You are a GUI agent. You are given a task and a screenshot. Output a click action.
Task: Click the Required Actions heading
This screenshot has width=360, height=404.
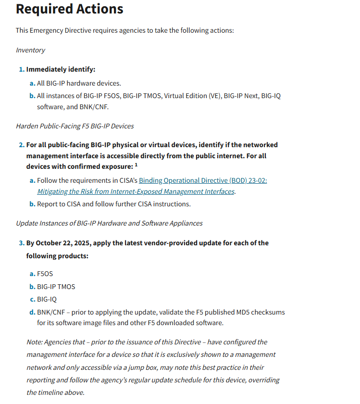(69, 9)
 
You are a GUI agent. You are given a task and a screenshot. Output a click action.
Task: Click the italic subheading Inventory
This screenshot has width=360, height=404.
(30, 50)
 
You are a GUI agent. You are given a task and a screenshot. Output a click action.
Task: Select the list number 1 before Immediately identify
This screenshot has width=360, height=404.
(21, 69)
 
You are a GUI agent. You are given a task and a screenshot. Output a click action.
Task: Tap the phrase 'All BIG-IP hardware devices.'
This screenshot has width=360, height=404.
(79, 83)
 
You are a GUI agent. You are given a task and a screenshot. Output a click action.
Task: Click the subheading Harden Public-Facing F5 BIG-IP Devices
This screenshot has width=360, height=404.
(74, 126)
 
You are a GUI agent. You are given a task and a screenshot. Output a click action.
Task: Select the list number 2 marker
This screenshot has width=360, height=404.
(21, 145)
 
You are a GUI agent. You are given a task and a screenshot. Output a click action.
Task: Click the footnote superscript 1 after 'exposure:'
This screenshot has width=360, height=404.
(137, 165)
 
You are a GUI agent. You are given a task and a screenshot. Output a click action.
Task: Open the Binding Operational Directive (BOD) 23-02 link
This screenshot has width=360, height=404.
(203, 180)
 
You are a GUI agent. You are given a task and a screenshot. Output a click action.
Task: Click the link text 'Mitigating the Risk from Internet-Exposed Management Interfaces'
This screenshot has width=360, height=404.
(136, 191)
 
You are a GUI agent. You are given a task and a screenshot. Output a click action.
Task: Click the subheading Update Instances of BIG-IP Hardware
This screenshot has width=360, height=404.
(109, 223)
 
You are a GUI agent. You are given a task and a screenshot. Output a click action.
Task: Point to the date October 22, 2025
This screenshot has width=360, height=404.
(62, 243)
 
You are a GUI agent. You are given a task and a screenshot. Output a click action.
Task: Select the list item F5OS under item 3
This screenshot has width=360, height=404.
(45, 274)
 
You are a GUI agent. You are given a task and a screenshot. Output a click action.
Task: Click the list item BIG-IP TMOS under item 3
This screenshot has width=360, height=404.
(56, 287)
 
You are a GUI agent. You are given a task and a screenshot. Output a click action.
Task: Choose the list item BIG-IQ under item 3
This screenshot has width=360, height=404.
(47, 299)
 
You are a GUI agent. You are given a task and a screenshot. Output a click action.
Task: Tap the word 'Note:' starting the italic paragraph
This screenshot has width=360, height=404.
(35, 342)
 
